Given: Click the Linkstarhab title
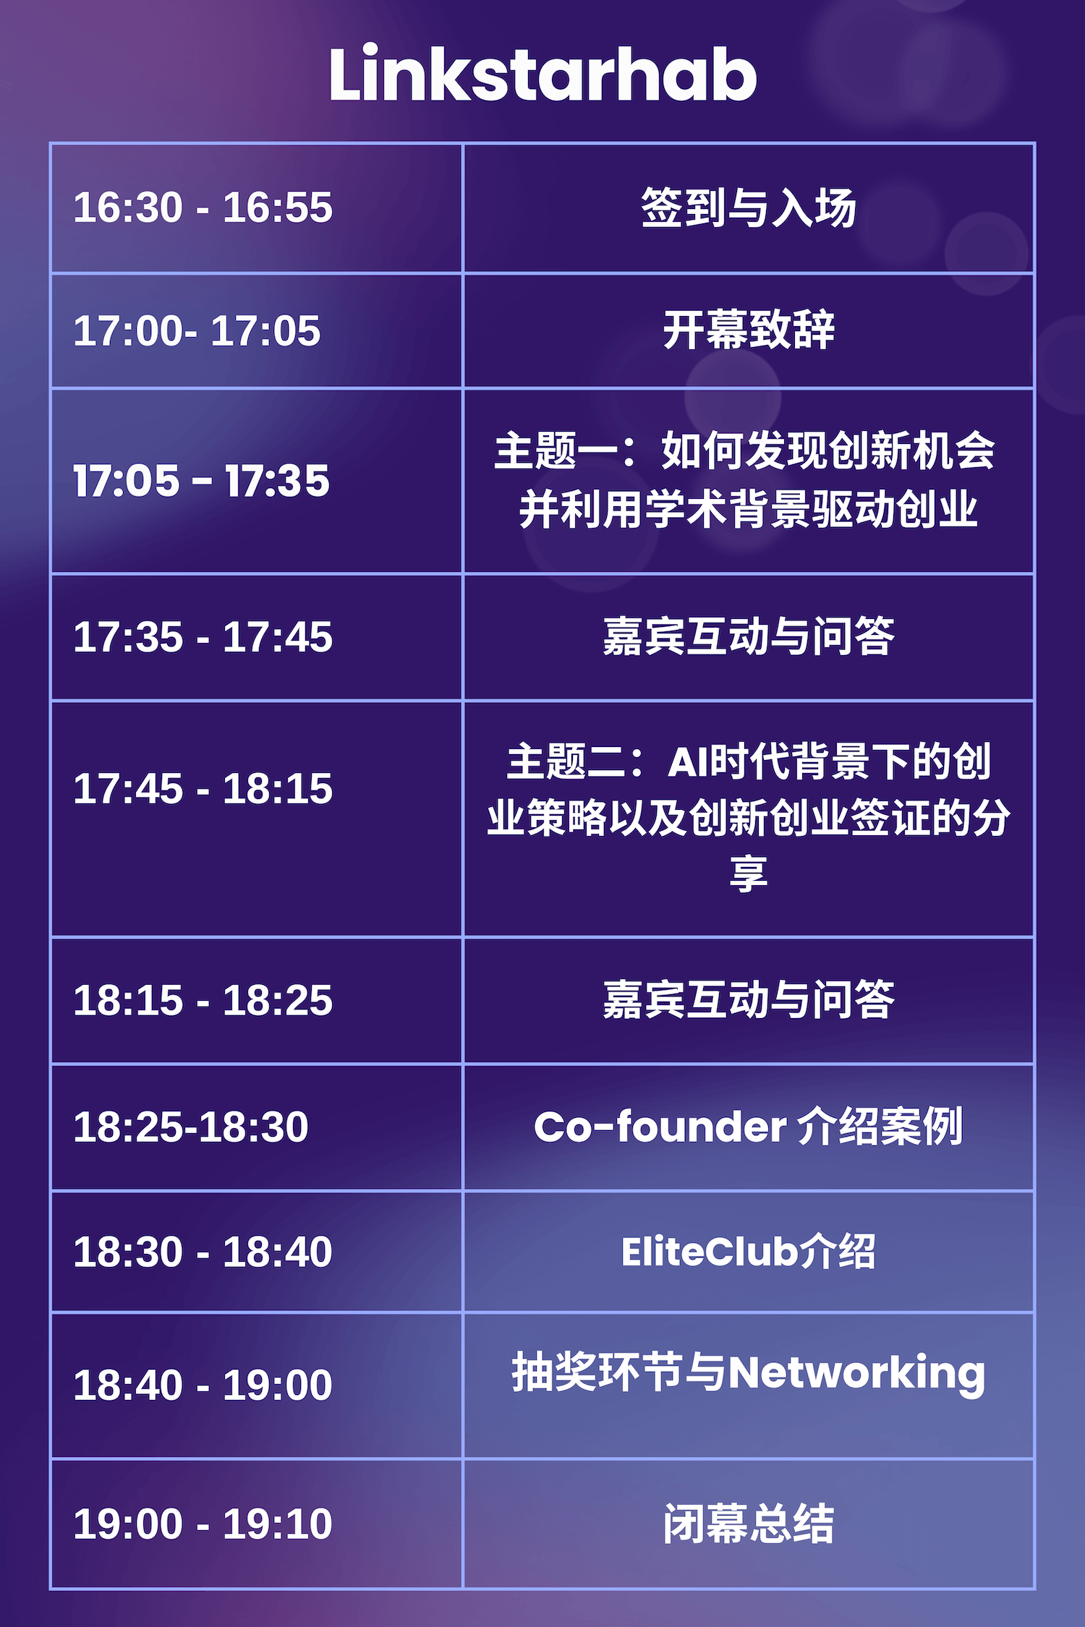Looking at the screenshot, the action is click(x=542, y=74).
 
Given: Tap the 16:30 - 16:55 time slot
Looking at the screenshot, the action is click(x=203, y=207).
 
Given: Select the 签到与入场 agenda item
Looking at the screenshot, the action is click(x=749, y=208).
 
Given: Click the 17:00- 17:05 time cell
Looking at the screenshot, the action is click(x=197, y=330).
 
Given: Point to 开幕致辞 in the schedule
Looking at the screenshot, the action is click(x=749, y=330).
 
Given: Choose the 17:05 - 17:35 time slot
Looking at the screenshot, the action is click(x=202, y=481).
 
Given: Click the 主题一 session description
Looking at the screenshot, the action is click(x=746, y=479).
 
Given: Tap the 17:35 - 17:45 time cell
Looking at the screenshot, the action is click(x=203, y=637).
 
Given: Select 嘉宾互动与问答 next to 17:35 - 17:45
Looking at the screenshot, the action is click(x=749, y=636).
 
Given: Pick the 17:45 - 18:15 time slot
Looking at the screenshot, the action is click(x=203, y=788).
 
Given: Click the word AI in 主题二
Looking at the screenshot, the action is click(x=687, y=763).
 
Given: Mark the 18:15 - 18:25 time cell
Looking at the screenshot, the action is click(x=203, y=1000).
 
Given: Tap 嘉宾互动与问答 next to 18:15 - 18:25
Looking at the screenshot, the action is click(x=749, y=1000).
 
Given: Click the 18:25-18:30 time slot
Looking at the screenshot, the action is click(x=191, y=1127).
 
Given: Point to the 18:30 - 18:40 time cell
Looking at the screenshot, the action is click(x=203, y=1252).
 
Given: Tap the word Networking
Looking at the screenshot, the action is click(x=856, y=1374).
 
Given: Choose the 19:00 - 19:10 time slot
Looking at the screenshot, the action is click(x=203, y=1524).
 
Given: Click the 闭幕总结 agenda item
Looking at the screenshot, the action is click(x=749, y=1524).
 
